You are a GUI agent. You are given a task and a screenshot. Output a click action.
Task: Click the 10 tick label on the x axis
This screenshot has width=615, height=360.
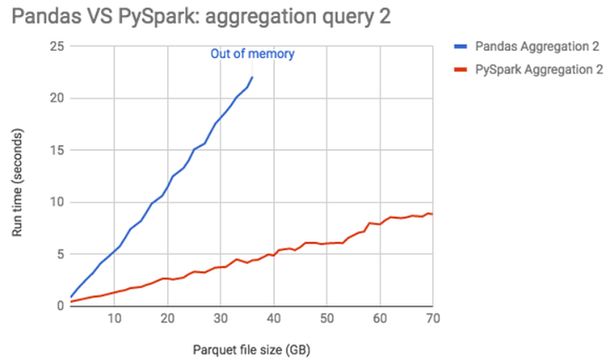click(114, 317)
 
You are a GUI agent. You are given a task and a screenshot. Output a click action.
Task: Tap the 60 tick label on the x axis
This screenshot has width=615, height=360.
click(380, 317)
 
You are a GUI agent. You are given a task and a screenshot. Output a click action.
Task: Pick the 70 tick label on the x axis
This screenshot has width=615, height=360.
click(431, 317)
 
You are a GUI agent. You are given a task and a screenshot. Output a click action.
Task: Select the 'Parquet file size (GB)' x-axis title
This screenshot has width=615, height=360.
click(251, 348)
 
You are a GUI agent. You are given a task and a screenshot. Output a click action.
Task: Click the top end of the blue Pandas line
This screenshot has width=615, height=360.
click(252, 77)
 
